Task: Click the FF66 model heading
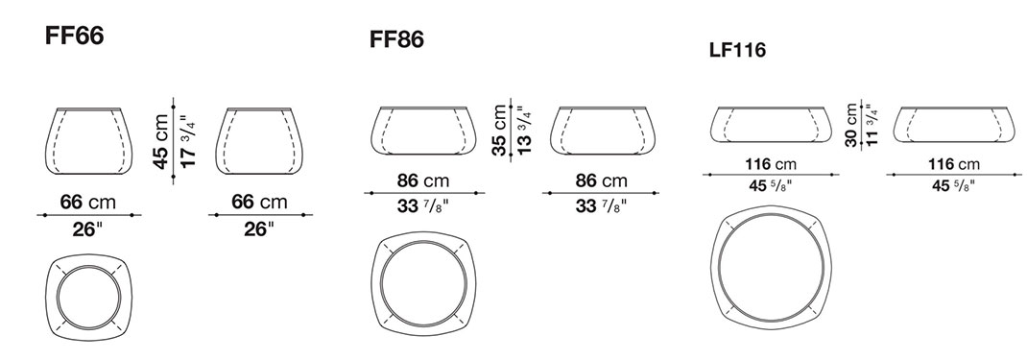[74, 36]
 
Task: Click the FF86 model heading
[397, 39]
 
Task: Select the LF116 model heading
[737, 50]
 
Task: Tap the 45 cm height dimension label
[161, 142]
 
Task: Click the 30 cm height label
[850, 125]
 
